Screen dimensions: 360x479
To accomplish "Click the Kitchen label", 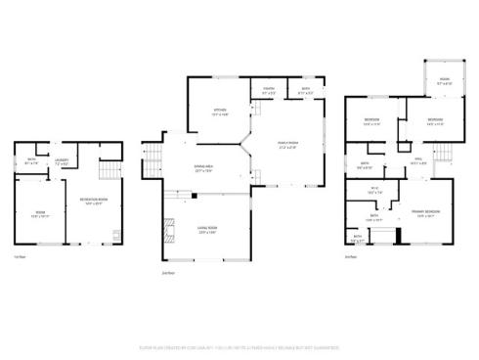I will coord(220,112).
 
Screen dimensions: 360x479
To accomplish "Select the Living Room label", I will coord(207,230).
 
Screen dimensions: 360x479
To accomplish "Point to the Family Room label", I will coord(291,147).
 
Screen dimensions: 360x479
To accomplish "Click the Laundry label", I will coord(60,161).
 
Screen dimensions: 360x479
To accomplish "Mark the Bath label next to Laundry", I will coord(31,161).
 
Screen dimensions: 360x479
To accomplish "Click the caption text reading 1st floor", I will coord(20,257).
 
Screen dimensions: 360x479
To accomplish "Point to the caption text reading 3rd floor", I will coord(350,257).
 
